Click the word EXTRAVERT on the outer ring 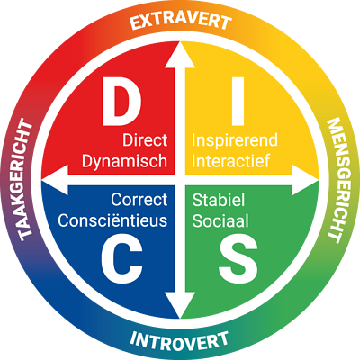(x=181, y=21)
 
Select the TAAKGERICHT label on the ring (x=26, y=180)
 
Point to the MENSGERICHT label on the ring (x=334, y=180)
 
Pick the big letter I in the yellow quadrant (x=238, y=101)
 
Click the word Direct (x=145, y=140)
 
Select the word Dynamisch (x=124, y=161)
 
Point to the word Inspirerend (x=235, y=140)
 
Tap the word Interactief (x=231, y=161)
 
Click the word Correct (x=139, y=200)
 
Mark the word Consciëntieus (x=112, y=220)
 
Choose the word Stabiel (x=219, y=200)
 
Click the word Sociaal (x=220, y=220)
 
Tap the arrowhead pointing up (x=180, y=55)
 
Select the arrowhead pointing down (x=180, y=305)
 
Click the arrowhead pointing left (x=55, y=180)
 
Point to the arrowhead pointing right (x=305, y=180)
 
